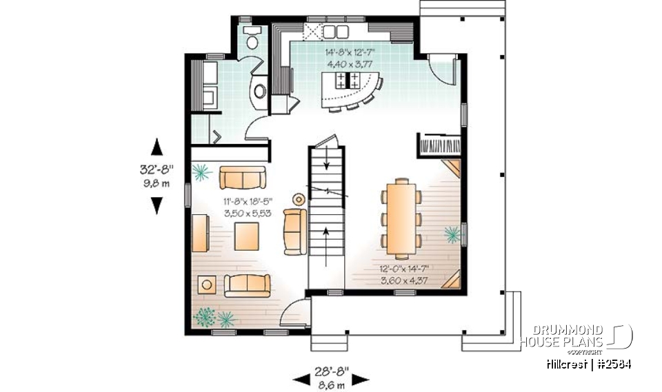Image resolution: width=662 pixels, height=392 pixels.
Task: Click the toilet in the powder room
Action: pyautogui.click(x=252, y=39)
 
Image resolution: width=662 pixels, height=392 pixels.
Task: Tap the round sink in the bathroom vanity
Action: pyautogui.click(x=261, y=90)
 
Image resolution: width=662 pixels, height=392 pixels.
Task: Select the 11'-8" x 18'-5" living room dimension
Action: pyautogui.click(x=248, y=202)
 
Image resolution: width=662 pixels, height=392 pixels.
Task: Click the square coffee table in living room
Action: pyautogui.click(x=246, y=237)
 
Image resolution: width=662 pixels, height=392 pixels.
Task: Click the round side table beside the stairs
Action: pyautogui.click(x=299, y=200)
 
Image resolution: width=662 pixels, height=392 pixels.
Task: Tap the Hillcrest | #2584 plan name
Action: pyautogui.click(x=587, y=364)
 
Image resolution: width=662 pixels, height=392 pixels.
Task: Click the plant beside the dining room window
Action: pyautogui.click(x=452, y=235)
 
